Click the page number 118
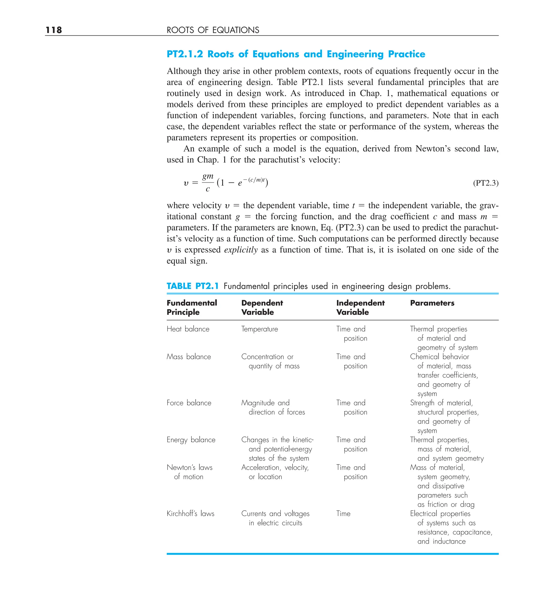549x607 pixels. pyautogui.click(x=54, y=30)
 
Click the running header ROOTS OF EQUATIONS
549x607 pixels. pyautogui.click(x=213, y=30)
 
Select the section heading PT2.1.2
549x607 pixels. pyautogui.click(x=185, y=54)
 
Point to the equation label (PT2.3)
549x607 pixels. pyautogui.click(x=485, y=183)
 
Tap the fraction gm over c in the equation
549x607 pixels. pyautogui.click(x=207, y=182)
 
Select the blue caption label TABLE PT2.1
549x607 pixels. pyautogui.click(x=192, y=286)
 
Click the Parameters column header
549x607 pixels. pyautogui.click(x=432, y=303)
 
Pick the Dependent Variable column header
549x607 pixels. pyautogui.click(x=262, y=308)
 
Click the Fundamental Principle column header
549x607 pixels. pyautogui.click(x=192, y=308)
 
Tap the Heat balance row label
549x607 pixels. pyautogui.click(x=188, y=329)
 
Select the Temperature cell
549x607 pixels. pyautogui.click(x=259, y=329)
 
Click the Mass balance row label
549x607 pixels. pyautogui.click(x=189, y=357)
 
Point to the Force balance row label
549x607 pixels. pyautogui.click(x=189, y=403)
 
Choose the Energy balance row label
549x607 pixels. pyautogui.click(x=191, y=440)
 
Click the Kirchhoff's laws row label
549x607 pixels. pyautogui.click(x=190, y=514)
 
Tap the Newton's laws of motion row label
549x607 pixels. pyautogui.click(x=190, y=472)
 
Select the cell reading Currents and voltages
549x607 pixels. pyautogui.click(x=275, y=514)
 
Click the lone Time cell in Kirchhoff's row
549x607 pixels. pyautogui.click(x=343, y=514)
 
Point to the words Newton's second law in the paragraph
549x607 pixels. pyautogui.click(x=457, y=149)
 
